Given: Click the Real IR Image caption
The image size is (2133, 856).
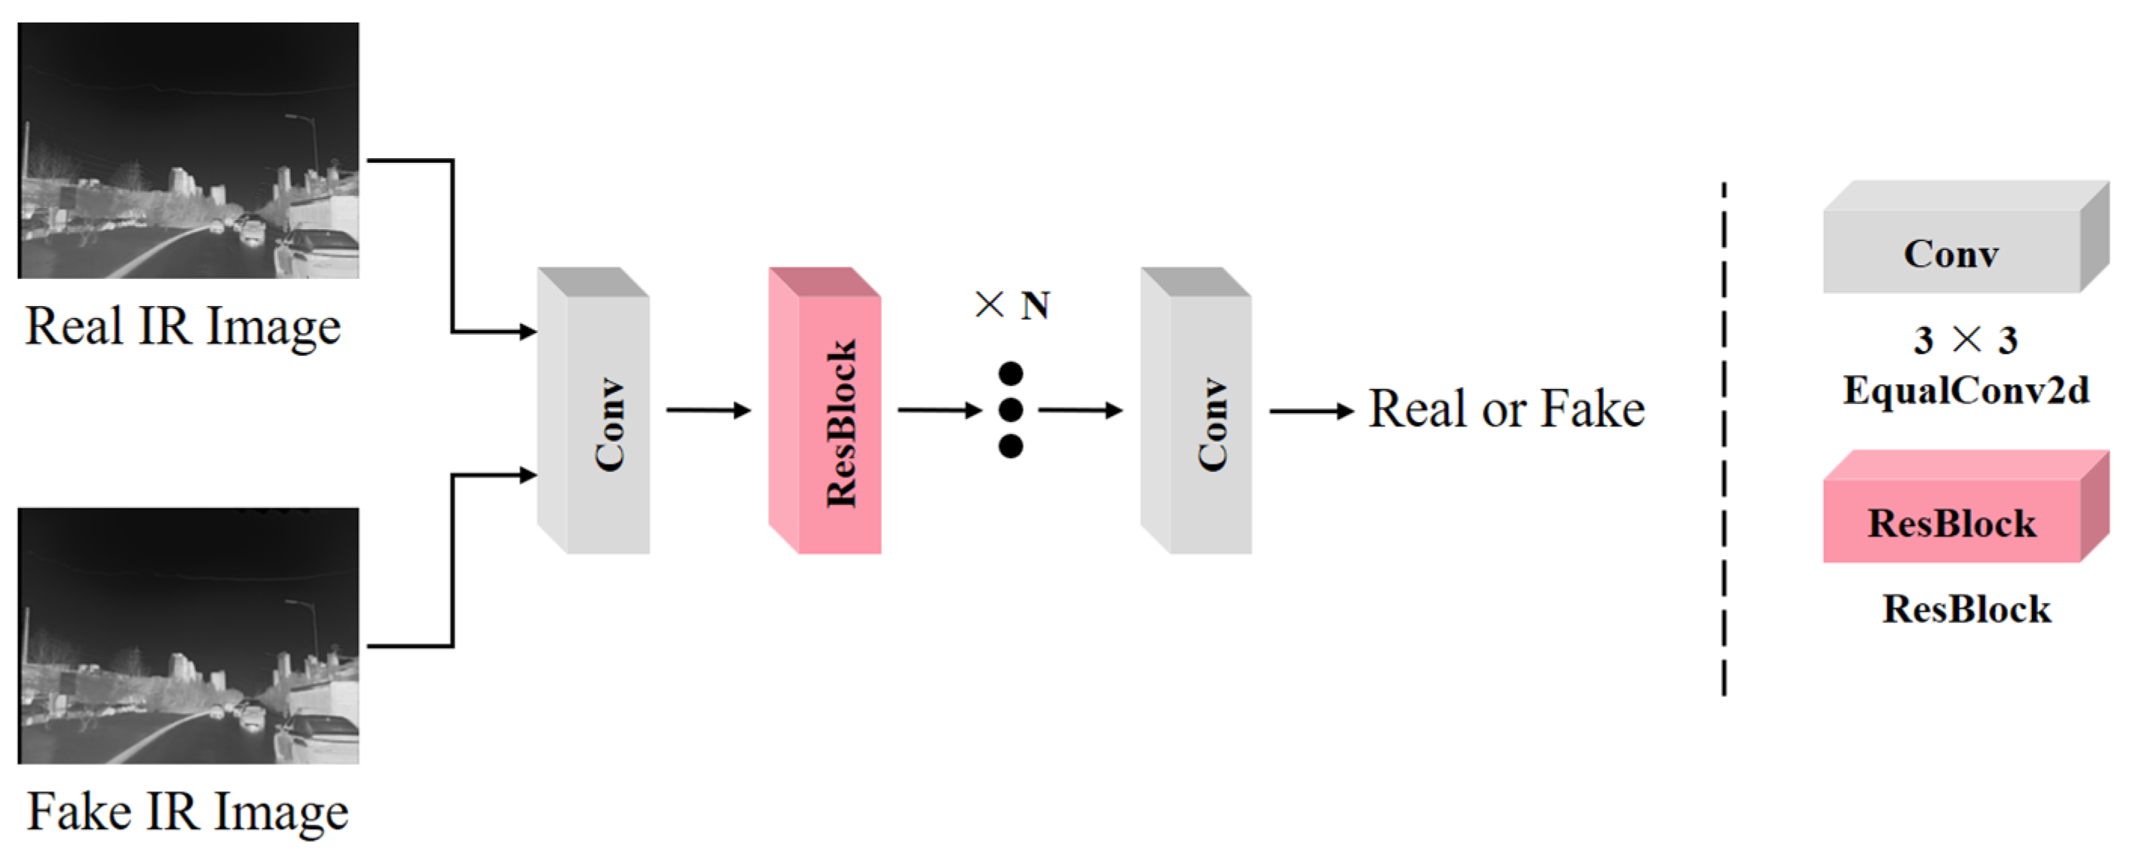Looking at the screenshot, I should [183, 326].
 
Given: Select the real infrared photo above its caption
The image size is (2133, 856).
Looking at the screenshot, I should [188, 151].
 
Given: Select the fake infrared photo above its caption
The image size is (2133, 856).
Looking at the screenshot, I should [188, 636].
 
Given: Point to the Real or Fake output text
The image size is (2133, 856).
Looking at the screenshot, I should [1506, 409].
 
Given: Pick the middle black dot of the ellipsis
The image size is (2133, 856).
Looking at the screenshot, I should [1010, 410].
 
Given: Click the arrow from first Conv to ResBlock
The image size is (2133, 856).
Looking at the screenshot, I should [708, 410].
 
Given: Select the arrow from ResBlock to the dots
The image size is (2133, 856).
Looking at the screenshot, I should [939, 410].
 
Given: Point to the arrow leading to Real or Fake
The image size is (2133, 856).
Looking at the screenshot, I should [1311, 411].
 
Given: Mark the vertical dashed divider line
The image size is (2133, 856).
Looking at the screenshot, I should [1724, 439].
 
